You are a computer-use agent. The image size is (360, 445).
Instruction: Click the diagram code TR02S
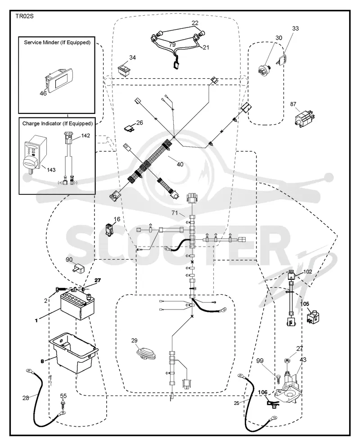click(x=24, y=16)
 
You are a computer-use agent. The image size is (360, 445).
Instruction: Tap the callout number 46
click(x=43, y=93)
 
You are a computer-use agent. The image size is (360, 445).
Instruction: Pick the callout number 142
click(x=85, y=135)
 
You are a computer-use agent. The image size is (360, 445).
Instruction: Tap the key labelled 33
click(x=282, y=59)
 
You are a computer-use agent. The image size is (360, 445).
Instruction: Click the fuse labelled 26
click(x=129, y=128)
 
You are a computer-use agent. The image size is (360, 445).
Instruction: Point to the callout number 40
click(x=180, y=164)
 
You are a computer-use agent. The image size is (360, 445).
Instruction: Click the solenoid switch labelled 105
click(x=313, y=318)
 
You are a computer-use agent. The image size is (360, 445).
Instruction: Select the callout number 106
click(x=263, y=392)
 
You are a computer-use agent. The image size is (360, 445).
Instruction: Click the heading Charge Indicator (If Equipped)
click(x=57, y=123)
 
